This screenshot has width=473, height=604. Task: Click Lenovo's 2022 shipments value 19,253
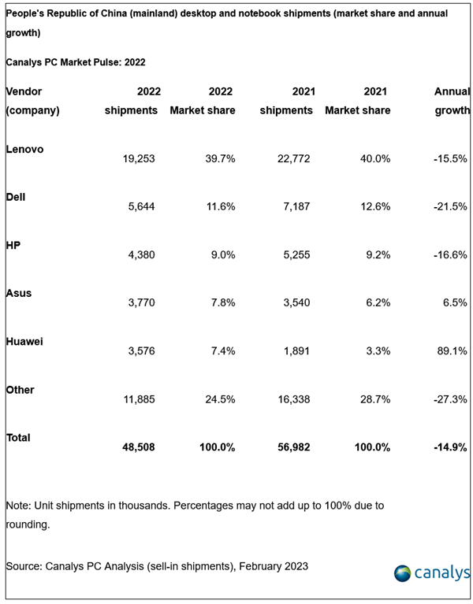[x=139, y=158]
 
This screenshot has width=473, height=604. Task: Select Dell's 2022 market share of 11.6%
[x=217, y=206]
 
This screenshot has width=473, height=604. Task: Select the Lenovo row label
[x=25, y=149]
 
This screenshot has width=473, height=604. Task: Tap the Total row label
[x=18, y=437]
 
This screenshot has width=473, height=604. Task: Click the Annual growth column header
[x=452, y=101]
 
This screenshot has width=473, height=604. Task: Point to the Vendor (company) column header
[x=32, y=101]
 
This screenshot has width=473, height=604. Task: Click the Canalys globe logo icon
[x=403, y=573]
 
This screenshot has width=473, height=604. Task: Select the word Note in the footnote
[x=19, y=505]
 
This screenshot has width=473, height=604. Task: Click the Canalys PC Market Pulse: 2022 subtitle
[x=76, y=61]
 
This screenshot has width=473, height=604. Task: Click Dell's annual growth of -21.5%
[x=450, y=206]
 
